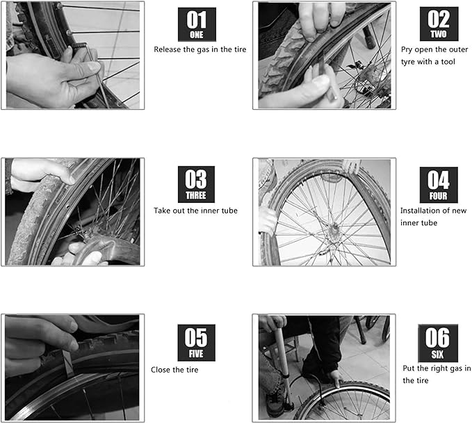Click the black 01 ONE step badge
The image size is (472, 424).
coord(197,26)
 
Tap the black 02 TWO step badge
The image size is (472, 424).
coord(439,24)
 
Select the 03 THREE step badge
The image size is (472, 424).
coord(196,184)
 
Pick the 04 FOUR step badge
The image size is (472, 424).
coord(439,184)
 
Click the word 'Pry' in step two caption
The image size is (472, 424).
coord(407,49)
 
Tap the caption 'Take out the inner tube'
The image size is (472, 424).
coord(195,211)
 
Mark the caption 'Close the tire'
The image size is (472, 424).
coord(174,370)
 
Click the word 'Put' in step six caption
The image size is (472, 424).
coord(409,368)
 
